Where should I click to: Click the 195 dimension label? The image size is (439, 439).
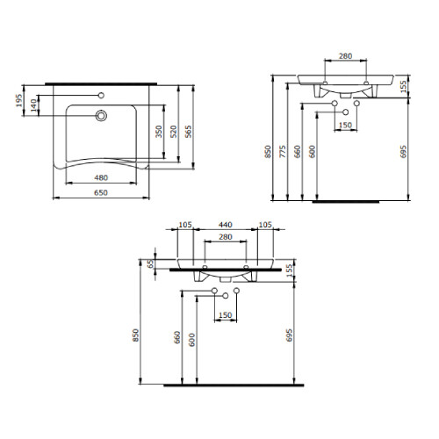coord(19,100)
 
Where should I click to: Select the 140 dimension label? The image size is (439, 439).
coord(34,105)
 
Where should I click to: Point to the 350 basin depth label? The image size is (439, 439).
coord(159,132)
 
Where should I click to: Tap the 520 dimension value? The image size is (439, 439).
coord(174,132)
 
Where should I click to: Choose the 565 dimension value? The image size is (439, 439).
coord(189,132)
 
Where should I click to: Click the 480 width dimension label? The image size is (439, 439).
coord(101,177)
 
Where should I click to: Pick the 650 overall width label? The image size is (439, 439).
coord(101,192)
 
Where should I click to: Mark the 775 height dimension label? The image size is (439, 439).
coord(283,152)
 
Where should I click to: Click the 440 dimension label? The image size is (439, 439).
coord(226,225)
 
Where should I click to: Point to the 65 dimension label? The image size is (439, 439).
coord(150,263)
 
